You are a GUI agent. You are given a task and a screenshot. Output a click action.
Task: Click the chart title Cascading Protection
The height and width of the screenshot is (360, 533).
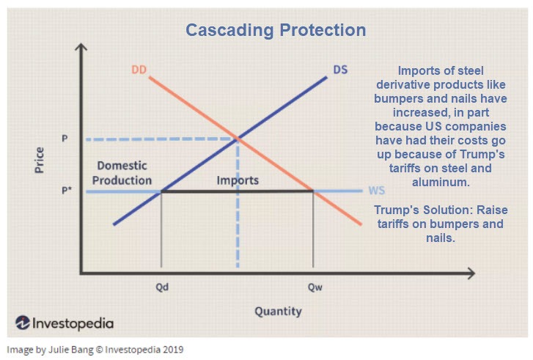275,30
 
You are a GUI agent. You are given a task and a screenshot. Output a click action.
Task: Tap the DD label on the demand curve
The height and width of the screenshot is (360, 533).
139,70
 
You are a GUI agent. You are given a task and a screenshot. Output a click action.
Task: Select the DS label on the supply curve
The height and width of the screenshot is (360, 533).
340,70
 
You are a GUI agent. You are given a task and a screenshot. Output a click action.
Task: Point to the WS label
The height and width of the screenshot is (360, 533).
377,191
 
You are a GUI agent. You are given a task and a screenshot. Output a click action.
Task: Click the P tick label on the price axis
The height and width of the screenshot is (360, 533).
65,139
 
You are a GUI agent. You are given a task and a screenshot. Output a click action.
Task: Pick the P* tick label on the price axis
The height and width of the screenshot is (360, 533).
65,191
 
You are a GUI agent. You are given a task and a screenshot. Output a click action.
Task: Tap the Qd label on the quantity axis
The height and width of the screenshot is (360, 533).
162,288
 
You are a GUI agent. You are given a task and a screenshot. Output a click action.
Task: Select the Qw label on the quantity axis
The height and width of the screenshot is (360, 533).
315,288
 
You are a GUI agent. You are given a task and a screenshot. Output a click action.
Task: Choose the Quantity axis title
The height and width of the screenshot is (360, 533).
278,312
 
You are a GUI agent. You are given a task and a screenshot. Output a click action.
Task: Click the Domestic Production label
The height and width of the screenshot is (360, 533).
124,173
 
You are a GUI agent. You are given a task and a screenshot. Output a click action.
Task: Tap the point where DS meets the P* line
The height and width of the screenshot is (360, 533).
161,191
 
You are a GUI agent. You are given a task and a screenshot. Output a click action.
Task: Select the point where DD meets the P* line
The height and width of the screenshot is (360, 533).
314,191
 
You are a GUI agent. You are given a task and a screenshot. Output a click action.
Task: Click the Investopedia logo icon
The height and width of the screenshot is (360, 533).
22,323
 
